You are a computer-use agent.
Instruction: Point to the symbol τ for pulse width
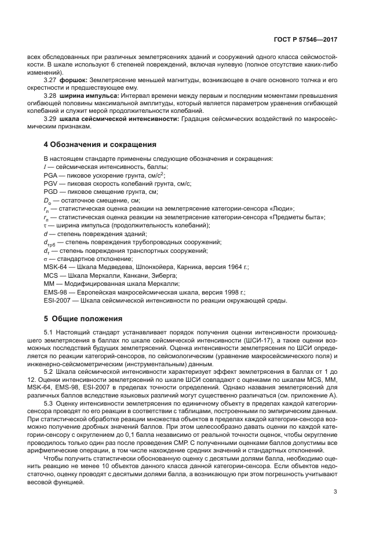[45, 225]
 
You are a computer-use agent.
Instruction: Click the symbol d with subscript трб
[49, 242]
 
